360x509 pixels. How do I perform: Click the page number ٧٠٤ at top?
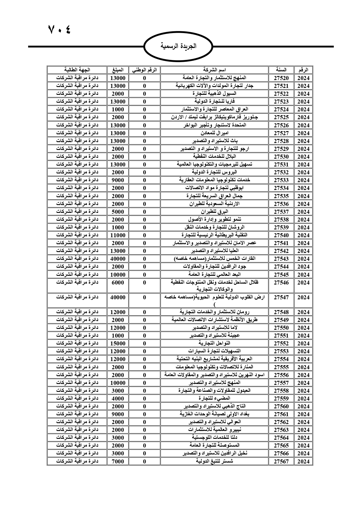[x=59, y=29]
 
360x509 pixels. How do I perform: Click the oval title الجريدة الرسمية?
[x=178, y=46]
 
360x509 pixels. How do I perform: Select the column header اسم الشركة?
[x=214, y=70]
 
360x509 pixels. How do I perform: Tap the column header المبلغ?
[x=118, y=70]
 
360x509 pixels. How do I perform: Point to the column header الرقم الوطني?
[x=144, y=70]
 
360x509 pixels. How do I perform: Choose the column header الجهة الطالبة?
[x=77, y=70]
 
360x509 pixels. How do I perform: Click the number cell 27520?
[x=281, y=78]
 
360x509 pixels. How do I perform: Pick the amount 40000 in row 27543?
[x=118, y=259]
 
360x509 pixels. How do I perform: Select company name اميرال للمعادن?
[x=214, y=133]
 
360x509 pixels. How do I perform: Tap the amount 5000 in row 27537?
[x=118, y=212]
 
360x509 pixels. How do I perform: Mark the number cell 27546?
[x=281, y=282]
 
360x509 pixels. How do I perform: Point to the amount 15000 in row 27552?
[x=118, y=343]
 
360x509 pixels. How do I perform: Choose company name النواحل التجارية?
[x=214, y=343]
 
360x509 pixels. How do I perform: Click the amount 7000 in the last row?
[x=118, y=461]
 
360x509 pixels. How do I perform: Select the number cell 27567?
[x=281, y=461]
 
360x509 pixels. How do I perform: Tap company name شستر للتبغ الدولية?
[x=214, y=461]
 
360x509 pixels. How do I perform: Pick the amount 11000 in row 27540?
[x=118, y=235]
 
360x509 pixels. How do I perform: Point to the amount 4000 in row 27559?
[x=118, y=398]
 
